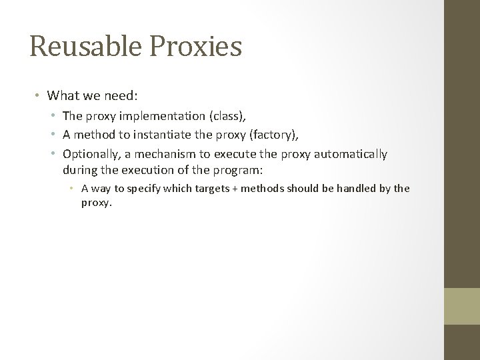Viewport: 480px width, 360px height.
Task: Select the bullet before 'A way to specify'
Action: tap(74, 189)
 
